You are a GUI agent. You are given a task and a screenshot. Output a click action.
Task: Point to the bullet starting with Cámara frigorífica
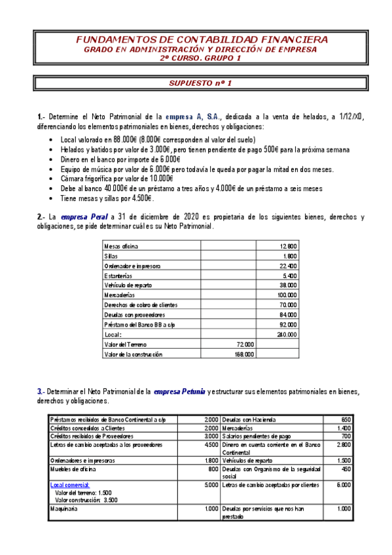(116, 178)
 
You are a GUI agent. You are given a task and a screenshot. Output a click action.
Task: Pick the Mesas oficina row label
(121, 246)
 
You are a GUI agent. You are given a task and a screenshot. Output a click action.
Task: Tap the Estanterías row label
(118, 276)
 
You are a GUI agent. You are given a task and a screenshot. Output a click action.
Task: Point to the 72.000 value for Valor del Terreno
(244, 344)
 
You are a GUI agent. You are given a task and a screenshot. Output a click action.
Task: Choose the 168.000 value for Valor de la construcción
(243, 354)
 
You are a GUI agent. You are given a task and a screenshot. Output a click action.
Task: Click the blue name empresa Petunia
(179, 391)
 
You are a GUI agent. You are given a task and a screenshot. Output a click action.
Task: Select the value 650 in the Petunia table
(346, 419)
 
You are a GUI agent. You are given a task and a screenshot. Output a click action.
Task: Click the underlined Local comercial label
(70, 485)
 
